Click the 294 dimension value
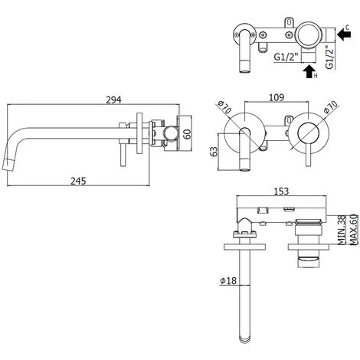pyautogui.click(x=113, y=100)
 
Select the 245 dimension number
pyautogui.click(x=78, y=181)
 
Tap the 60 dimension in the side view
pyautogui.click(x=188, y=134)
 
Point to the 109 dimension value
pyautogui.click(x=277, y=97)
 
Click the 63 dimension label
pyautogui.click(x=214, y=152)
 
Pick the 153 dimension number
pyautogui.click(x=281, y=191)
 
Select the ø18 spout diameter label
pyautogui.click(x=228, y=281)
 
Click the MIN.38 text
pyautogui.click(x=342, y=231)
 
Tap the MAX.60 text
pyautogui.click(x=353, y=230)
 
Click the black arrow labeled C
pyautogui.click(x=344, y=34)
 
